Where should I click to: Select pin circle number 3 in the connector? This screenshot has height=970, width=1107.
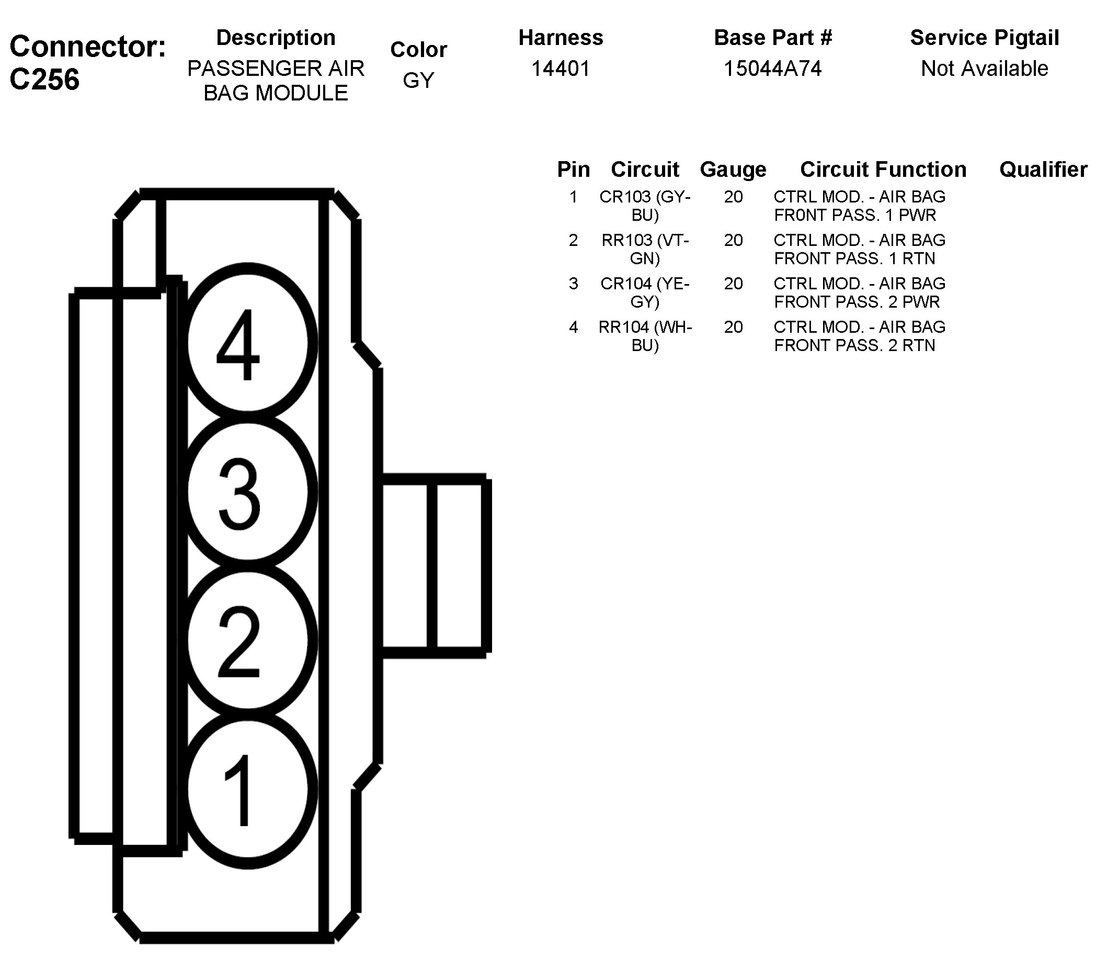pyautogui.click(x=247, y=491)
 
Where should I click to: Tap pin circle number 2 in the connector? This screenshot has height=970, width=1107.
pyautogui.click(x=247, y=640)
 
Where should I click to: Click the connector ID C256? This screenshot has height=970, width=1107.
pyautogui.click(x=44, y=80)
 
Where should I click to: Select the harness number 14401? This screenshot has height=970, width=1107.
pyautogui.click(x=561, y=69)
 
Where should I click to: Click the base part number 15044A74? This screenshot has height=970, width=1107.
pyautogui.click(x=773, y=69)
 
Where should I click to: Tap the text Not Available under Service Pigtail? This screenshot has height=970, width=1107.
pyautogui.click(x=984, y=69)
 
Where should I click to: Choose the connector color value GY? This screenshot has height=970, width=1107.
pyautogui.click(x=418, y=80)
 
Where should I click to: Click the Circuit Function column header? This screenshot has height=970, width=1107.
pyautogui.click(x=883, y=170)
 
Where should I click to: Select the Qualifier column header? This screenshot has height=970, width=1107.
pyautogui.click(x=1043, y=170)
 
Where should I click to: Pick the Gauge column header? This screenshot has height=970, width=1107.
pyautogui.click(x=733, y=170)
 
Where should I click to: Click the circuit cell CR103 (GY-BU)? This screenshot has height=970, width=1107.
pyautogui.click(x=645, y=206)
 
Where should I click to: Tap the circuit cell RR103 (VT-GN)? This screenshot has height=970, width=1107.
pyautogui.click(x=645, y=249)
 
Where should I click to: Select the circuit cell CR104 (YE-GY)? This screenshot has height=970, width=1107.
pyautogui.click(x=645, y=292)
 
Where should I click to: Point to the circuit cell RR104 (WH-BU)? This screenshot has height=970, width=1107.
pyautogui.click(x=645, y=335)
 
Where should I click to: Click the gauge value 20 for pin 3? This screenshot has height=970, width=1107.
pyautogui.click(x=733, y=284)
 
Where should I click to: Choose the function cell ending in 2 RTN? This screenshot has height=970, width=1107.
pyautogui.click(x=859, y=335)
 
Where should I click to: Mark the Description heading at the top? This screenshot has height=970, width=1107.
pyautogui.click(x=276, y=38)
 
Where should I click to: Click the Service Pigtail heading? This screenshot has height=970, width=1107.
pyautogui.click(x=984, y=38)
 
